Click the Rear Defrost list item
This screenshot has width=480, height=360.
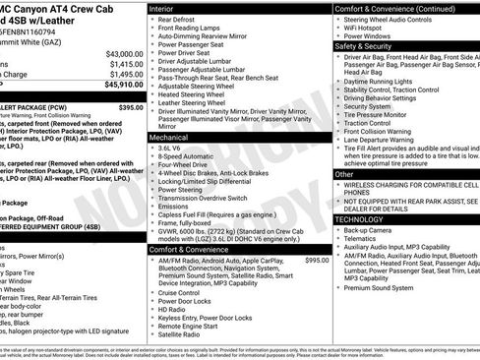[178, 19]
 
